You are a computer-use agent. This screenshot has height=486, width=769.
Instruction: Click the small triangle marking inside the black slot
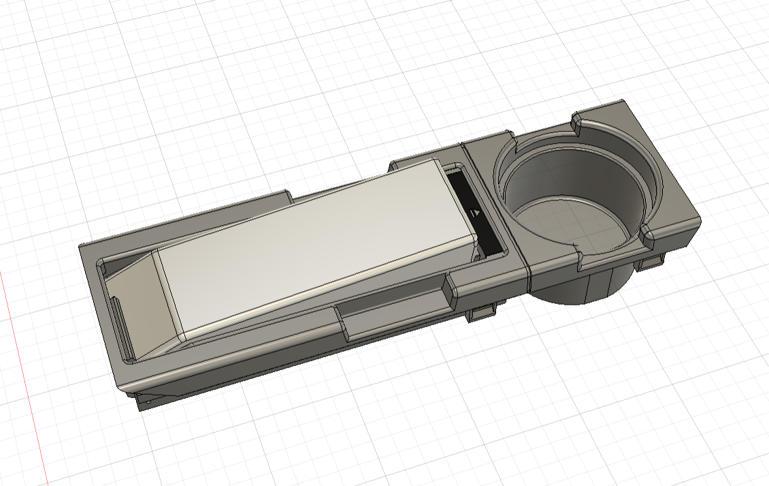476,213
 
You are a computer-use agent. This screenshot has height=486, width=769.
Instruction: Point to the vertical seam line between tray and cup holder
528,266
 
